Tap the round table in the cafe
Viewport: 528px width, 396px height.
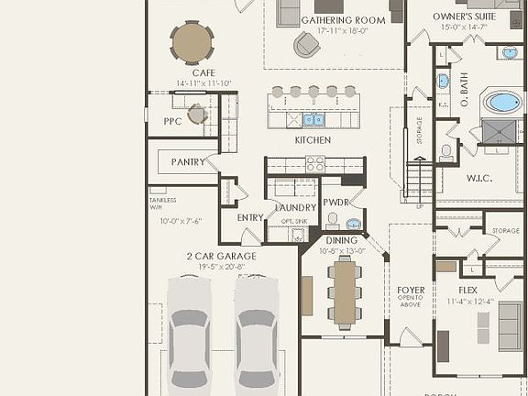click(192, 42)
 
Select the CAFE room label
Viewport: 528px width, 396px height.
click(203, 72)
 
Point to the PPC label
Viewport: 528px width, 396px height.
click(172, 120)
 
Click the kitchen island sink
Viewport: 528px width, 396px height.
click(313, 119)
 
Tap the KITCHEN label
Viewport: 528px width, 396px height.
click(313, 140)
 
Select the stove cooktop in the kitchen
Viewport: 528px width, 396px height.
click(314, 164)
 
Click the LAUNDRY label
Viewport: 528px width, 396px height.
click(295, 207)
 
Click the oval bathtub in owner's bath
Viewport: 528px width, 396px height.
click(502, 102)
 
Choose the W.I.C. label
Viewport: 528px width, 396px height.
click(478, 178)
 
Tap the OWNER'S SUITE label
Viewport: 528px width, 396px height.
click(465, 17)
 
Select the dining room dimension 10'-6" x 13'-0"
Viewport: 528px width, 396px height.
click(342, 250)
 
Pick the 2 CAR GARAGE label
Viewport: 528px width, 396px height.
click(221, 256)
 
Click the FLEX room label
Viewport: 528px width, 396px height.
click(467, 290)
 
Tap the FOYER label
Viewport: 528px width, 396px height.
click(411, 291)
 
